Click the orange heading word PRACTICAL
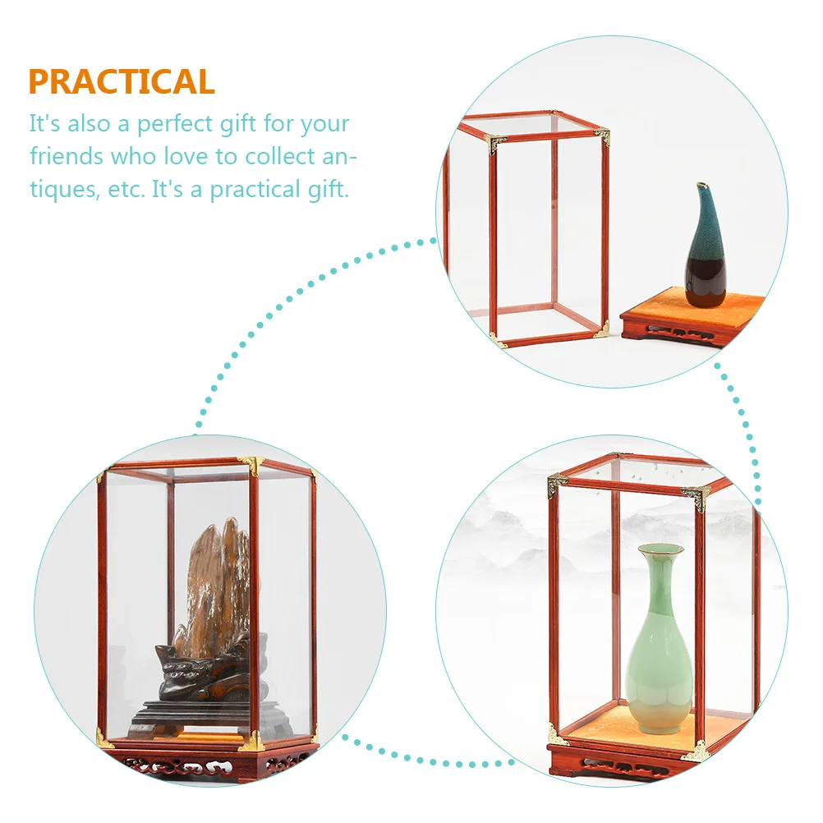(122, 82)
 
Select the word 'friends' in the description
(66, 156)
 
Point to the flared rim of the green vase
(661, 548)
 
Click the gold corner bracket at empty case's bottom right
(601, 330)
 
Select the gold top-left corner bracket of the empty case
(495, 144)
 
